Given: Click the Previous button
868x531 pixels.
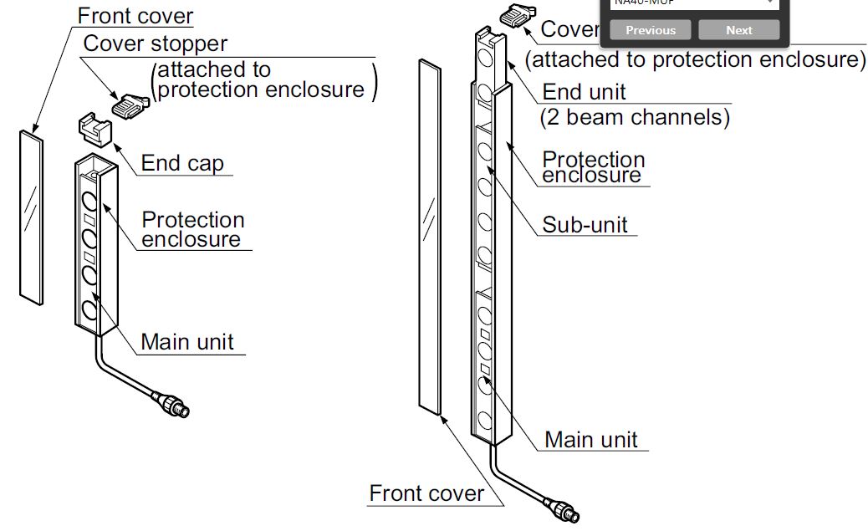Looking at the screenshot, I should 650,30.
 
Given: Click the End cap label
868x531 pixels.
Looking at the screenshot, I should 182,163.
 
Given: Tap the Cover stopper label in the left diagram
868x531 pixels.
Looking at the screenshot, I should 155,43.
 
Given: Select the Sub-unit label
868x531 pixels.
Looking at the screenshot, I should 585,224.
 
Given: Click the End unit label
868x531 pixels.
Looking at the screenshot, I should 584,91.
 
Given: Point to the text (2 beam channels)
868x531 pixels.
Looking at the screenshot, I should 635,117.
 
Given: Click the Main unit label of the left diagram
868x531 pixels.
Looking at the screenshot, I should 187,342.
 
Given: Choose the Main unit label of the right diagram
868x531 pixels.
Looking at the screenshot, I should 590,440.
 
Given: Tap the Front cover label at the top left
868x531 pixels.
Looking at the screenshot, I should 135,16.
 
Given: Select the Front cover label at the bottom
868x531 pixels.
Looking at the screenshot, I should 426,493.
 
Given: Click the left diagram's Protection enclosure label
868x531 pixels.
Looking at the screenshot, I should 193,230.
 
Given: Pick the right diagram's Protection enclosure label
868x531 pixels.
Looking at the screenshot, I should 594,167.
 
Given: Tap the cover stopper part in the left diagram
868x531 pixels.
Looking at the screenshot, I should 130,106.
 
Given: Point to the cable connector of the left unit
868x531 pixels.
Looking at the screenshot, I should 173,404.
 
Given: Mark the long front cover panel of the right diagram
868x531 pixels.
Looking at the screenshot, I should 429,237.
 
